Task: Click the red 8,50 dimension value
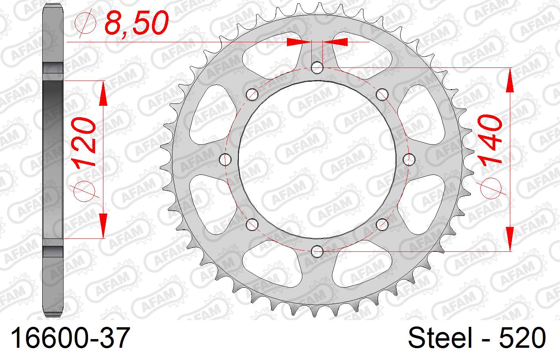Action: tap(136, 22)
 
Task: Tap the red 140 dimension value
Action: tap(490, 139)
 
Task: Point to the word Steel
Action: tap(440, 337)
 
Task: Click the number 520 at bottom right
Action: tap(523, 337)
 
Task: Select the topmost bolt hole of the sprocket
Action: tap(317, 67)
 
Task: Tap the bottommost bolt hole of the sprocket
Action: tap(317, 251)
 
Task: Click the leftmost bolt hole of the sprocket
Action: tap(225, 159)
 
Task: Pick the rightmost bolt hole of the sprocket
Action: tap(409, 159)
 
